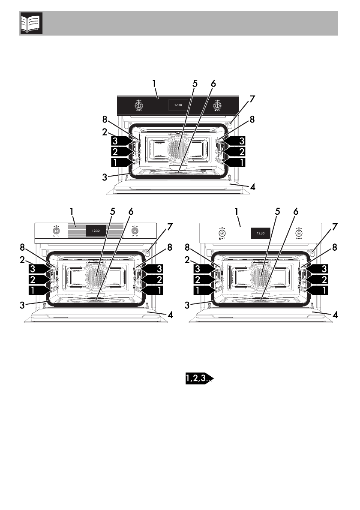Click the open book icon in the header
31,24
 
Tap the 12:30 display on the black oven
178,105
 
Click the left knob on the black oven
139,105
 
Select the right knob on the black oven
217,105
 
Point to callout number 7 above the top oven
252,99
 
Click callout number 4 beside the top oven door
253,187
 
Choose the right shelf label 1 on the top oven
237,162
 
